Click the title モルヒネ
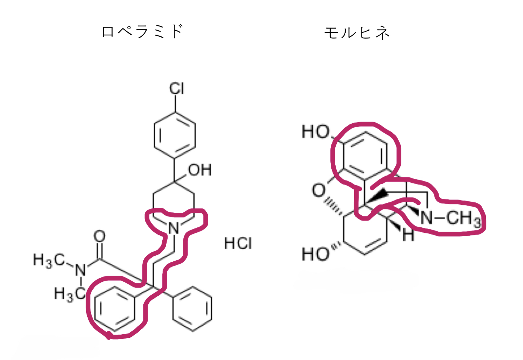click(x=357, y=33)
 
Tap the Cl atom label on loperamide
click(x=177, y=89)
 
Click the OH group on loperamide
click(x=200, y=170)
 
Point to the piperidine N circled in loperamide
click(x=173, y=228)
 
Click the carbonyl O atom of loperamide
click(x=100, y=236)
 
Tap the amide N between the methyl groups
click(x=80, y=270)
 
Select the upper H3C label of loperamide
click(x=49, y=260)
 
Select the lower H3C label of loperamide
click(x=70, y=294)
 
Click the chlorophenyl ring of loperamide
click(x=175, y=135)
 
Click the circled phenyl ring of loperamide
click(x=115, y=309)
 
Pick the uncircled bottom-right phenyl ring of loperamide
click(x=192, y=309)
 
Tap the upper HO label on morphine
click(x=316, y=132)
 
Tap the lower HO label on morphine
click(x=315, y=254)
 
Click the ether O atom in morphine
click(x=319, y=191)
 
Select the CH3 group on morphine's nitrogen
click(x=464, y=219)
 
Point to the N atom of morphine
click(x=426, y=218)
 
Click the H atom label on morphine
click(x=408, y=235)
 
